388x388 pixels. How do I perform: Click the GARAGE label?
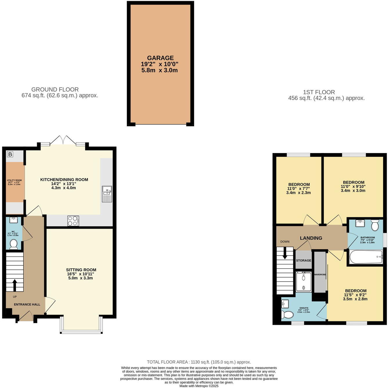coord(160,58)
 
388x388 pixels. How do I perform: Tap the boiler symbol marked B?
coord(10,154)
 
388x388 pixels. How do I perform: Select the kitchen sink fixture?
coord(107,194)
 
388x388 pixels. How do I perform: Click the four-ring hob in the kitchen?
coord(73,221)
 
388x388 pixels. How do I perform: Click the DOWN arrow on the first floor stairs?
coord(285,252)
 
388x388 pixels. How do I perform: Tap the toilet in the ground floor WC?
coord(13,245)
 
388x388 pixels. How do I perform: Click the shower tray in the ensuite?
coord(304,282)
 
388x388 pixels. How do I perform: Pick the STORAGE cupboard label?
coord(304,261)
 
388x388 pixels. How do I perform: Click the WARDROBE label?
coord(320,274)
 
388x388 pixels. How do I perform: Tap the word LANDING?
coord(311,238)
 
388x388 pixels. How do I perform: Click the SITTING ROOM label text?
coord(81,270)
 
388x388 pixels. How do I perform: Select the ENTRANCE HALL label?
coord(27,305)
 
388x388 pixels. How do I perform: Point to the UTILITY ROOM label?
coord(14,180)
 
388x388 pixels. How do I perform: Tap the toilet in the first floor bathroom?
coord(375,225)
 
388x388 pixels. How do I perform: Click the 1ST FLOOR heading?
coord(319,92)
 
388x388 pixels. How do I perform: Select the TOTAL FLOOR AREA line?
coord(199,362)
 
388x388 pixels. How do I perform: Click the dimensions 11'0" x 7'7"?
coord(298,189)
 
